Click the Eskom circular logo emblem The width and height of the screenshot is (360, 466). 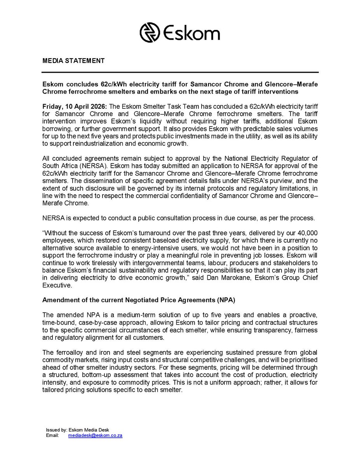150,32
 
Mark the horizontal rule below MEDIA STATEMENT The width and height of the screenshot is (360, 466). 180,72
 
